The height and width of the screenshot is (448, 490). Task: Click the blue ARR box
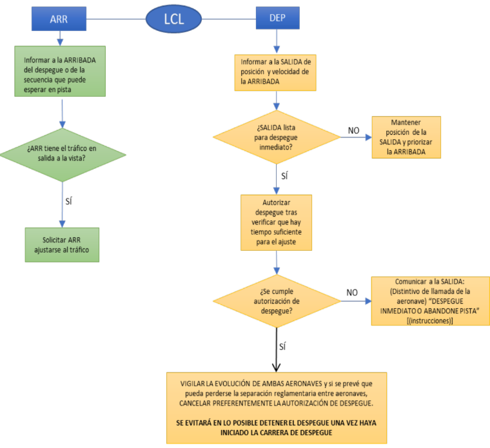click(59, 18)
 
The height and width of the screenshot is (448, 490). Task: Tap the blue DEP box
click(277, 18)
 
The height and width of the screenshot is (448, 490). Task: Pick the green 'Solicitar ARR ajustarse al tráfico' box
click(62, 244)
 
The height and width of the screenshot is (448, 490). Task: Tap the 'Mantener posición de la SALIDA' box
click(406, 137)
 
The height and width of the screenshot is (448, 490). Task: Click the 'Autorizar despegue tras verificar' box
click(276, 222)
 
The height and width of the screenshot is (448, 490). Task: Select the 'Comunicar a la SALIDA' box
click(429, 300)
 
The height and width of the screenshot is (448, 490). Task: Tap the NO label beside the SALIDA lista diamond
click(354, 131)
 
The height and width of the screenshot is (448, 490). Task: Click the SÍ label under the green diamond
click(70, 200)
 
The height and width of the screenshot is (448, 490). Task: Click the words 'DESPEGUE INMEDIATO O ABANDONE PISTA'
click(429, 307)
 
